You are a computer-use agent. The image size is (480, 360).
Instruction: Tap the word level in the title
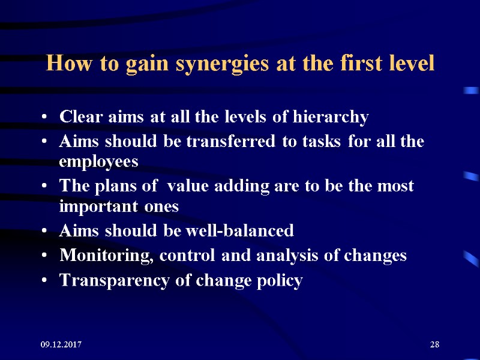tap(412, 64)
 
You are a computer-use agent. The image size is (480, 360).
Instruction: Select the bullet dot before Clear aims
tap(46, 118)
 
